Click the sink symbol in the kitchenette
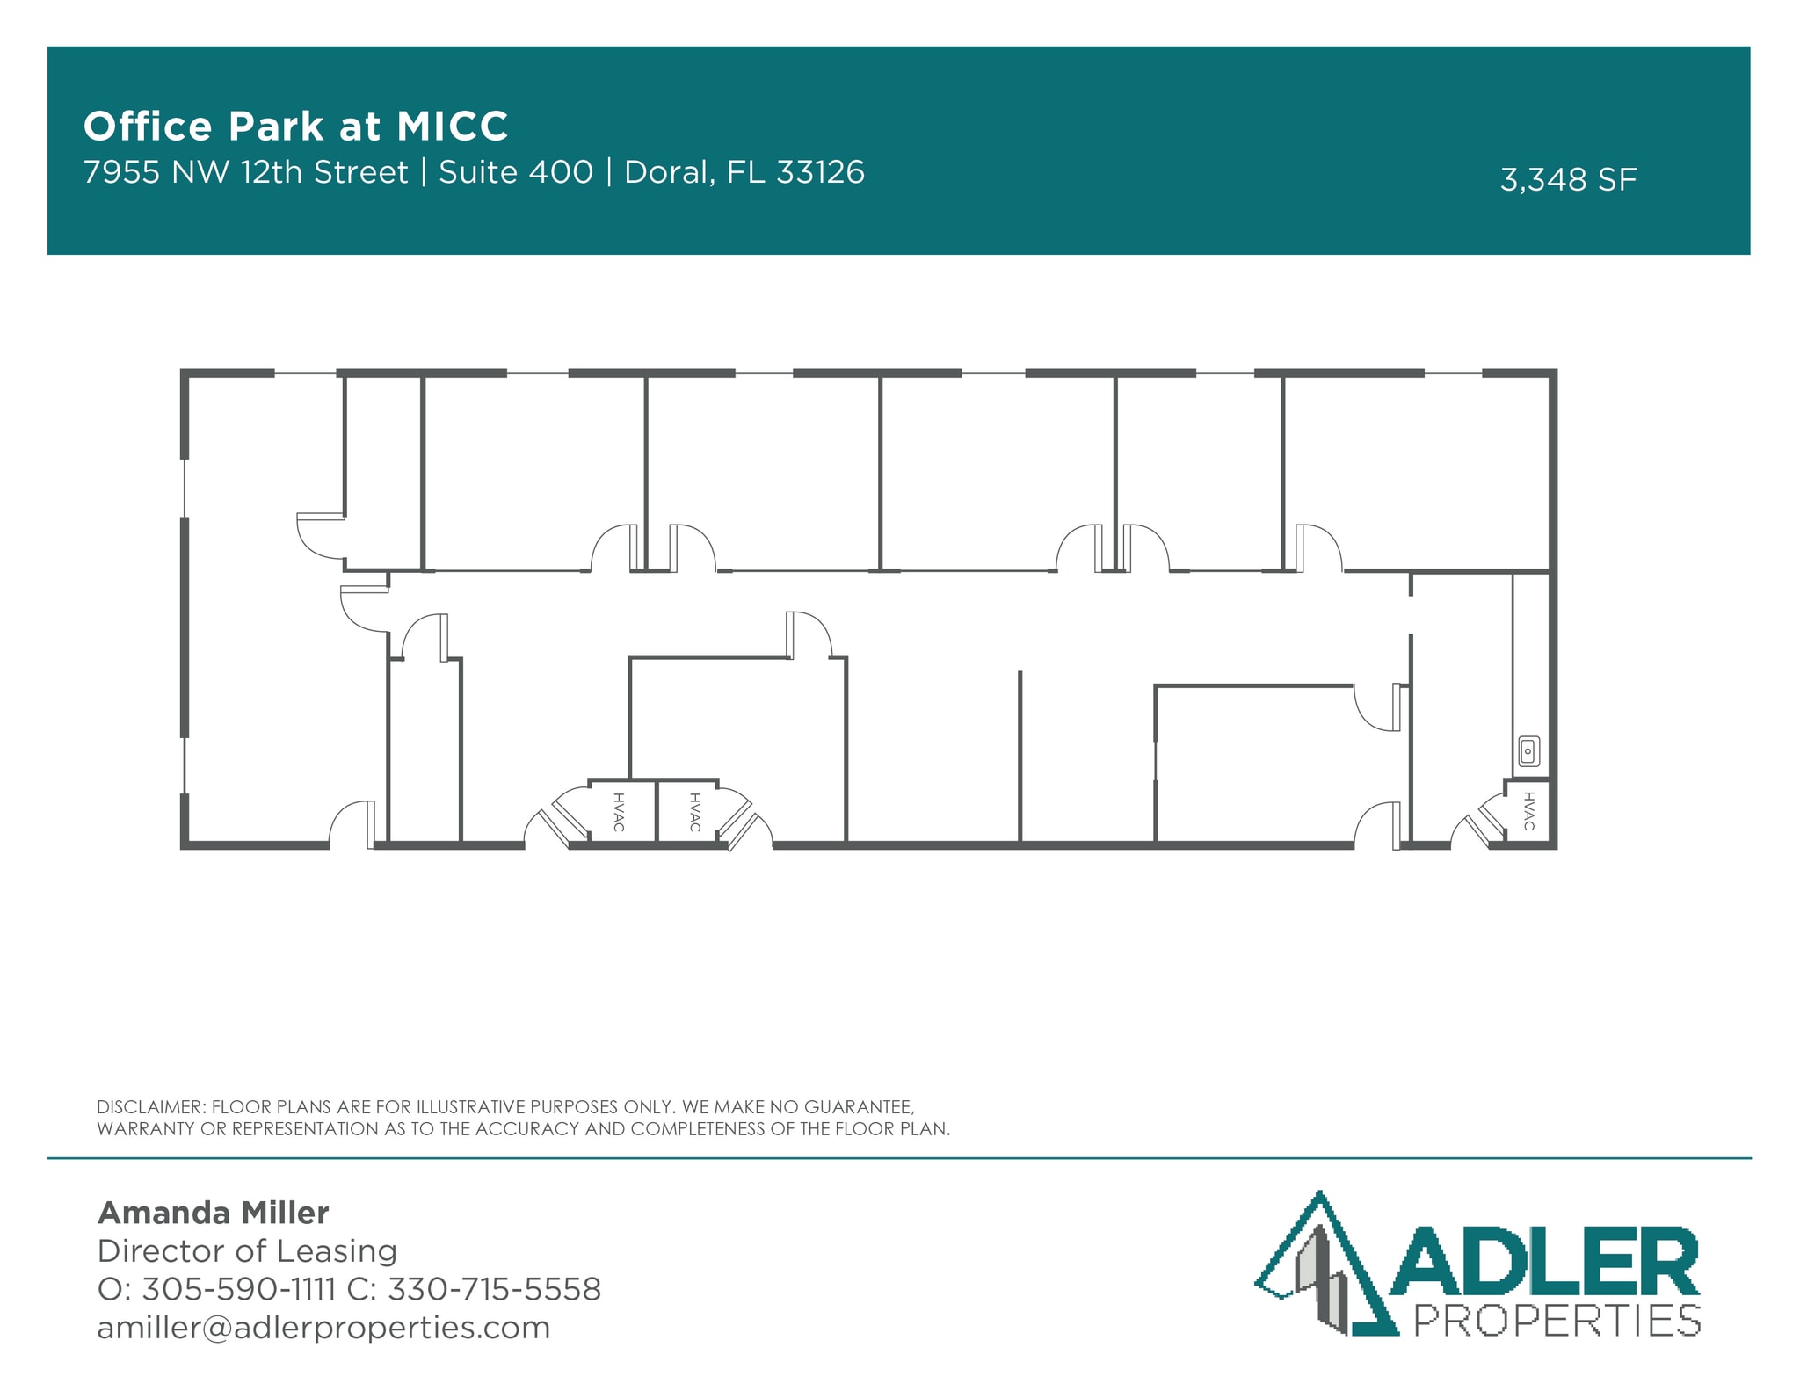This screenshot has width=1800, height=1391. pyautogui.click(x=1528, y=751)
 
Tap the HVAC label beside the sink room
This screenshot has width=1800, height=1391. pyautogui.click(x=1529, y=811)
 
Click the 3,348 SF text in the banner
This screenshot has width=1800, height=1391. pyautogui.click(x=1568, y=180)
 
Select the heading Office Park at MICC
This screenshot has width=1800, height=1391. pyautogui.click(x=295, y=127)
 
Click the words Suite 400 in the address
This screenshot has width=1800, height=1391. pyautogui.click(x=516, y=172)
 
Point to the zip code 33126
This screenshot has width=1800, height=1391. pyautogui.click(x=820, y=172)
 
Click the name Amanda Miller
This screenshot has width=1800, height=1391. pyautogui.click(x=213, y=1213)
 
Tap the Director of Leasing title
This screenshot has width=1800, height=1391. pyautogui.click(x=247, y=1250)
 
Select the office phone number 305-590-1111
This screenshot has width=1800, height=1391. pyautogui.click(x=238, y=1289)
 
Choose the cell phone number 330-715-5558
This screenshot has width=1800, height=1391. pyautogui.click(x=494, y=1289)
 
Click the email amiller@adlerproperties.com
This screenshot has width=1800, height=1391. pyautogui.click(x=323, y=1327)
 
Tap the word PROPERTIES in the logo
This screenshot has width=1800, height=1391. pyautogui.click(x=1557, y=1321)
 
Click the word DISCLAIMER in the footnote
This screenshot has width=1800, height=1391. pyautogui.click(x=150, y=1107)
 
